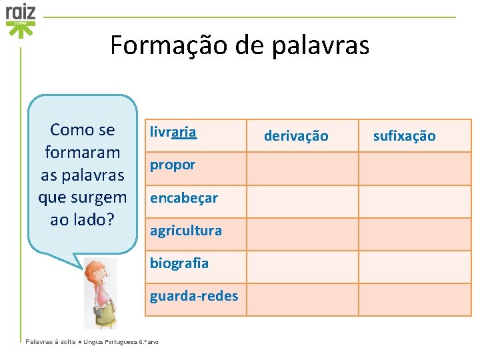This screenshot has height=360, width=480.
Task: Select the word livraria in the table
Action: click(x=173, y=132)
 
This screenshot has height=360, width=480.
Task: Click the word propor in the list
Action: click(x=172, y=165)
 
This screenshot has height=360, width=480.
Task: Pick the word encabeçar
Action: click(x=183, y=197)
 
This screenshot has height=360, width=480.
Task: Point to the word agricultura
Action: click(x=185, y=230)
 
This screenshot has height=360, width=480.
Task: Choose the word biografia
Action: click(x=179, y=263)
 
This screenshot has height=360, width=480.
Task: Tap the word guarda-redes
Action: click(x=193, y=295)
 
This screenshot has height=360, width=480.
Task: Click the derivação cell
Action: click(x=296, y=136)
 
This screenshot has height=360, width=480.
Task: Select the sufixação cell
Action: click(x=404, y=136)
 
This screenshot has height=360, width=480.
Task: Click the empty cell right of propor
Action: click(x=302, y=168)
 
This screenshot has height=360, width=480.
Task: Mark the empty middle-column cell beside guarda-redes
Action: click(x=302, y=299)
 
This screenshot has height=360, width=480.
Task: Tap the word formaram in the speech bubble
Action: click(x=82, y=152)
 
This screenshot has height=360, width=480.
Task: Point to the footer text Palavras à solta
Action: click(x=50, y=341)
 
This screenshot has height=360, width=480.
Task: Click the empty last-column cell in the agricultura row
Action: click(x=415, y=234)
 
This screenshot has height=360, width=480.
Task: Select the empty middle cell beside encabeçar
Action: click(x=302, y=201)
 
